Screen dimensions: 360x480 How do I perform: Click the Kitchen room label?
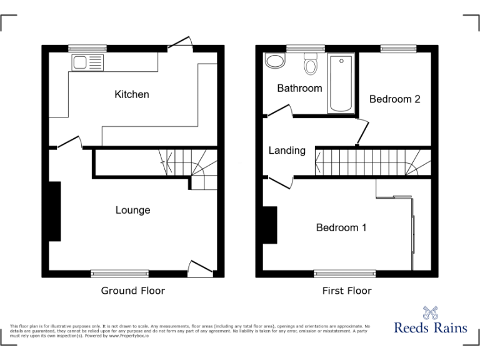pos(132,94)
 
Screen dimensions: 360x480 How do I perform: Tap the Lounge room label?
pos(132,210)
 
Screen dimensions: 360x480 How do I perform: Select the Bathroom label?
pos(299,88)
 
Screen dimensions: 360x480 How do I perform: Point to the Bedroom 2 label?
pos(394,99)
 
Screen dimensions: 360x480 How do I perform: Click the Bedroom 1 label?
pos(341,227)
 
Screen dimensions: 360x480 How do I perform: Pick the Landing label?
pos(287,150)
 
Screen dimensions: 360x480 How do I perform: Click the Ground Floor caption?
pos(133,291)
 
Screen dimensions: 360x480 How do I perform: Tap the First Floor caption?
pos(347,291)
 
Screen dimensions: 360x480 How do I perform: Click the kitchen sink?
pos(87,62)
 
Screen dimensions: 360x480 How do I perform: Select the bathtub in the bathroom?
pos(341,82)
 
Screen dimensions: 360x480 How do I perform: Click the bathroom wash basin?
pos(274,61)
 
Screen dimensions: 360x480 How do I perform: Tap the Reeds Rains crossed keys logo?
pos(429,313)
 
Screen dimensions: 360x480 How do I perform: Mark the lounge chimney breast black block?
pos(55,211)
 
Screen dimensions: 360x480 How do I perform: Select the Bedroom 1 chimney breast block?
pos(270,225)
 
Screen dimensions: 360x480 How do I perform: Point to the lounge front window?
pos(120,273)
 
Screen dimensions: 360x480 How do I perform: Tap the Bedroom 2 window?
pos(399,47)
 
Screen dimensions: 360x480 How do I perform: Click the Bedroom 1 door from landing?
pos(281,182)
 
